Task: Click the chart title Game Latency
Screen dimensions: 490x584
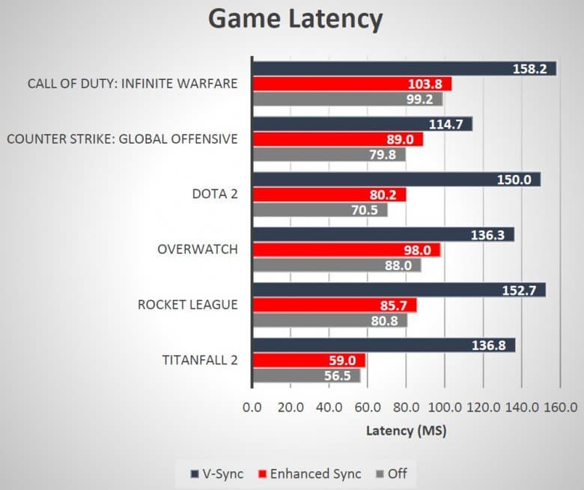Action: [x=294, y=19]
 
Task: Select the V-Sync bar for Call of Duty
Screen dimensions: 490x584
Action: [x=404, y=68]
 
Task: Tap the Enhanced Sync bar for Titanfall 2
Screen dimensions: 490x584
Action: [x=308, y=361]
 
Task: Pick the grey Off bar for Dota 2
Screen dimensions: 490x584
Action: [x=320, y=210]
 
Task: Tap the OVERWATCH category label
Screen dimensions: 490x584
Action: [x=198, y=249]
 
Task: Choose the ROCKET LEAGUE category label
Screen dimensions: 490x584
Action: [x=187, y=304]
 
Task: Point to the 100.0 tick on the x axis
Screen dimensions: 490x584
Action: [x=445, y=408]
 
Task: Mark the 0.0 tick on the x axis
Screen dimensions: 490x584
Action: [x=252, y=408]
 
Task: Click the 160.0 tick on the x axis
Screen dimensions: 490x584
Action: [x=560, y=408]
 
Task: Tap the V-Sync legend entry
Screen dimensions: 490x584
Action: [x=217, y=474]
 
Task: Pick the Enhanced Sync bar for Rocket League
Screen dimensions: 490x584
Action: [x=334, y=305]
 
